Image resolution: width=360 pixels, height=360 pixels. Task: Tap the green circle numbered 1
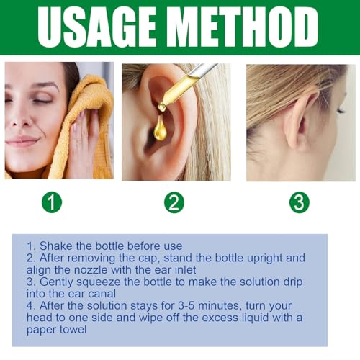pyautogui.click(x=52, y=202)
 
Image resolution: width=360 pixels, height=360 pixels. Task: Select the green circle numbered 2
pyautogui.click(x=174, y=202)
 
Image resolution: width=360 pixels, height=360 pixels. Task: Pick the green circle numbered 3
pyautogui.click(x=299, y=202)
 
